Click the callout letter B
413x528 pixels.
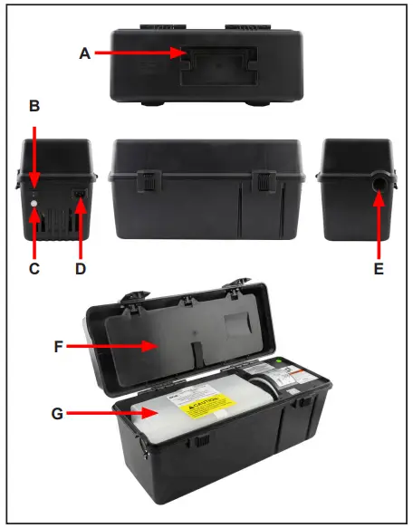[x=34, y=106]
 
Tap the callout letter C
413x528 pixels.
[x=34, y=268]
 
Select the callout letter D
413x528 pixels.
[x=81, y=268]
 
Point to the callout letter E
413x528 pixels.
[x=379, y=268]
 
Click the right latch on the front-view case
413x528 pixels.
[x=264, y=180]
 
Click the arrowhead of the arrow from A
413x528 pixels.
[x=186, y=54]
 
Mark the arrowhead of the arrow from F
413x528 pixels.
[x=154, y=345]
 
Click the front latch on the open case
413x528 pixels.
[x=197, y=442]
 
